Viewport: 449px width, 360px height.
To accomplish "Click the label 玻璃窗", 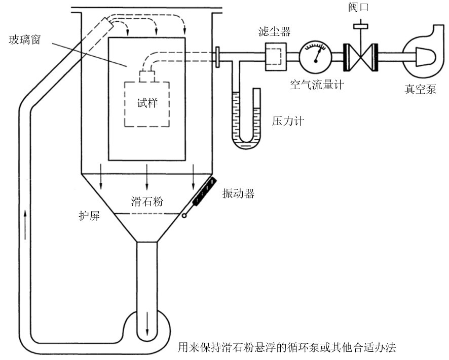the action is pyautogui.click(x=25, y=40).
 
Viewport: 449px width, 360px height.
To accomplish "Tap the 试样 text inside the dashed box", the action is pyautogui.click(x=147, y=103).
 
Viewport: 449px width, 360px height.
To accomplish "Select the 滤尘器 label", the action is pyautogui.click(x=274, y=31).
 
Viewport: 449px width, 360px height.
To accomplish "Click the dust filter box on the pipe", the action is pyautogui.click(x=276, y=57).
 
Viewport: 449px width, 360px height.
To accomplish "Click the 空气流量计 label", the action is pyautogui.click(x=317, y=85).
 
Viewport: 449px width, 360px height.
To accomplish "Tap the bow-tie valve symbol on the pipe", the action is pyautogui.click(x=360, y=57).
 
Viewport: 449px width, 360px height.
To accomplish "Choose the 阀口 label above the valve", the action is pyautogui.click(x=358, y=7).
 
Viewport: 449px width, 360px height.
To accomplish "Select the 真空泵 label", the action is pyautogui.click(x=420, y=89).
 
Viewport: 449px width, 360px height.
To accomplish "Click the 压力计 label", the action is pyautogui.click(x=288, y=121).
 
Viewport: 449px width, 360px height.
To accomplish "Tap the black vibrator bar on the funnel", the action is pyautogui.click(x=204, y=191).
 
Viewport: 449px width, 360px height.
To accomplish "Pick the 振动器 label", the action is pyautogui.click(x=238, y=194).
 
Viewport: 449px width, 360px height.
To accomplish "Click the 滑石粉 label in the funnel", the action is pyautogui.click(x=147, y=202).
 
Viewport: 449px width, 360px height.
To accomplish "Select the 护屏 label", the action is pyautogui.click(x=89, y=216).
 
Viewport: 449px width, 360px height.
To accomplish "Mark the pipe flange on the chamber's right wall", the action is pyautogui.click(x=217, y=57).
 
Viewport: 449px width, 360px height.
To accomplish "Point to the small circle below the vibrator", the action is pyautogui.click(x=184, y=216).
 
